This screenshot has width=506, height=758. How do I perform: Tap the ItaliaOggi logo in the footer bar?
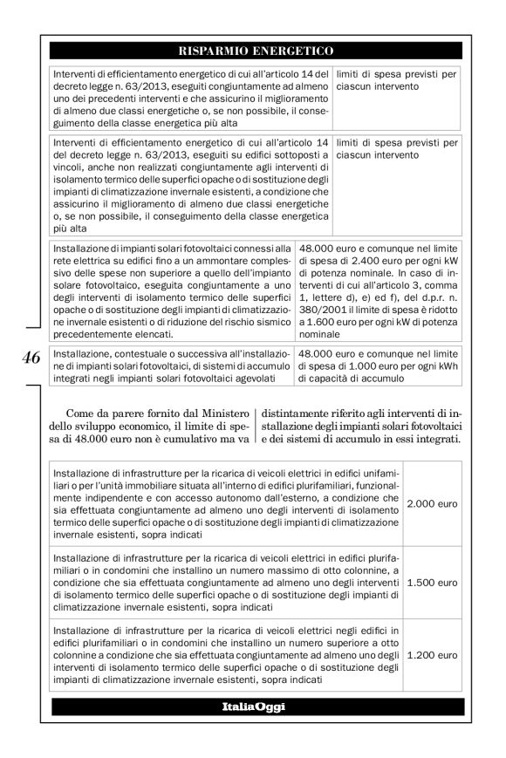click(254, 704)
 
